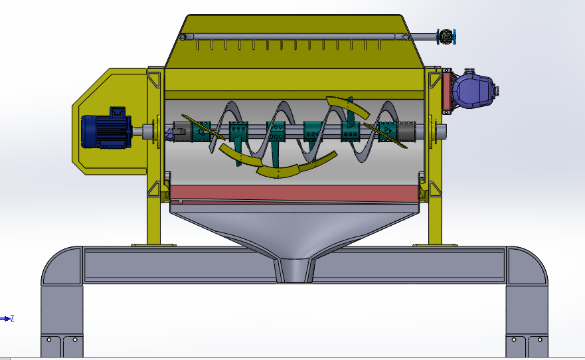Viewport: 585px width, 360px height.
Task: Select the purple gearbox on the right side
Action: click(473, 90)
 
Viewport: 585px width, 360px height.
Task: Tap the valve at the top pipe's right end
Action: click(446, 37)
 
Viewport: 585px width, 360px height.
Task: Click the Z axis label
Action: click(12, 319)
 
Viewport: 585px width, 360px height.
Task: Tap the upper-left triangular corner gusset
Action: click(155, 79)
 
